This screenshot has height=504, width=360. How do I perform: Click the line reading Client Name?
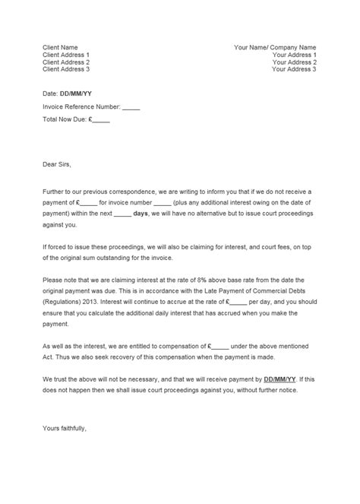click(x=60, y=47)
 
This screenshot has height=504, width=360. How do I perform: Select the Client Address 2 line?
click(x=66, y=62)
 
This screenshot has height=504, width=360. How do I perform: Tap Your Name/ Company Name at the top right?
click(x=275, y=47)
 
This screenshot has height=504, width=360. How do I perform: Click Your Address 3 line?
click(x=293, y=70)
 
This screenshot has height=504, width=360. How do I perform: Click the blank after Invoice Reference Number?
click(x=131, y=107)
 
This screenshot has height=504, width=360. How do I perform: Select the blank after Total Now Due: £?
click(x=102, y=120)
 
